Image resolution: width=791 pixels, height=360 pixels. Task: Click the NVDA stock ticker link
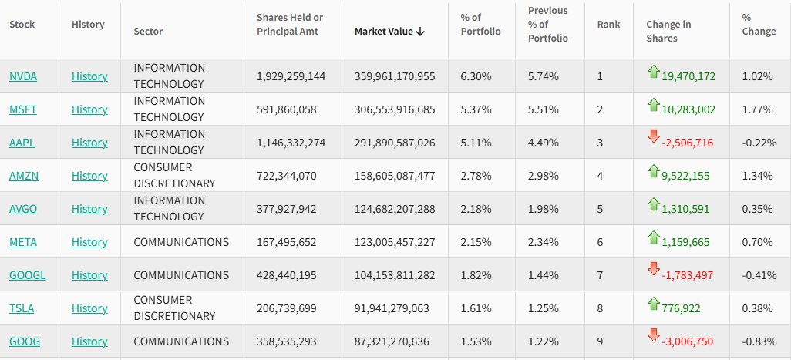point(23,76)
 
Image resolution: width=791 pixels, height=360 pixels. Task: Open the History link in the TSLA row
point(89,308)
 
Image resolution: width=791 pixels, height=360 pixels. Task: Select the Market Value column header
point(389,32)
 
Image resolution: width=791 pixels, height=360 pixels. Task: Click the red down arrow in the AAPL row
point(654,137)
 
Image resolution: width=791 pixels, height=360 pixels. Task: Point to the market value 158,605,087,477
point(395,176)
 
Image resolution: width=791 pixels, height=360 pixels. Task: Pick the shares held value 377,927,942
point(291,209)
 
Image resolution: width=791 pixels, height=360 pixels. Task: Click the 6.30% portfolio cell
point(476,76)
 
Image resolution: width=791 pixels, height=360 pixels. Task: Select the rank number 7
point(601,275)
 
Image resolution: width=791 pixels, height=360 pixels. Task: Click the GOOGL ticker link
point(27,275)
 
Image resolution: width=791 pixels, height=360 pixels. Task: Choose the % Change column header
point(759,25)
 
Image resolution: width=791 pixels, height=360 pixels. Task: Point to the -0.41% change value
point(759,275)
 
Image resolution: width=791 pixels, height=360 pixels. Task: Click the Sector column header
point(148,32)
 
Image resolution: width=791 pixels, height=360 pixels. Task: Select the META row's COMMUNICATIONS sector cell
point(181,242)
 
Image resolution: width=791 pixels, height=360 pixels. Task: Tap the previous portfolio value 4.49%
point(544,143)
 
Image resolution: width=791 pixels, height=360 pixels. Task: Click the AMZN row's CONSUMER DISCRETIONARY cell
point(174,176)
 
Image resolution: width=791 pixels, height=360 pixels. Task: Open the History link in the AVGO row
point(89,209)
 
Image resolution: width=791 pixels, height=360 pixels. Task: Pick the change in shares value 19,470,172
point(688,76)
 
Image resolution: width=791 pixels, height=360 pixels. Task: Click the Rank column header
point(608,25)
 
